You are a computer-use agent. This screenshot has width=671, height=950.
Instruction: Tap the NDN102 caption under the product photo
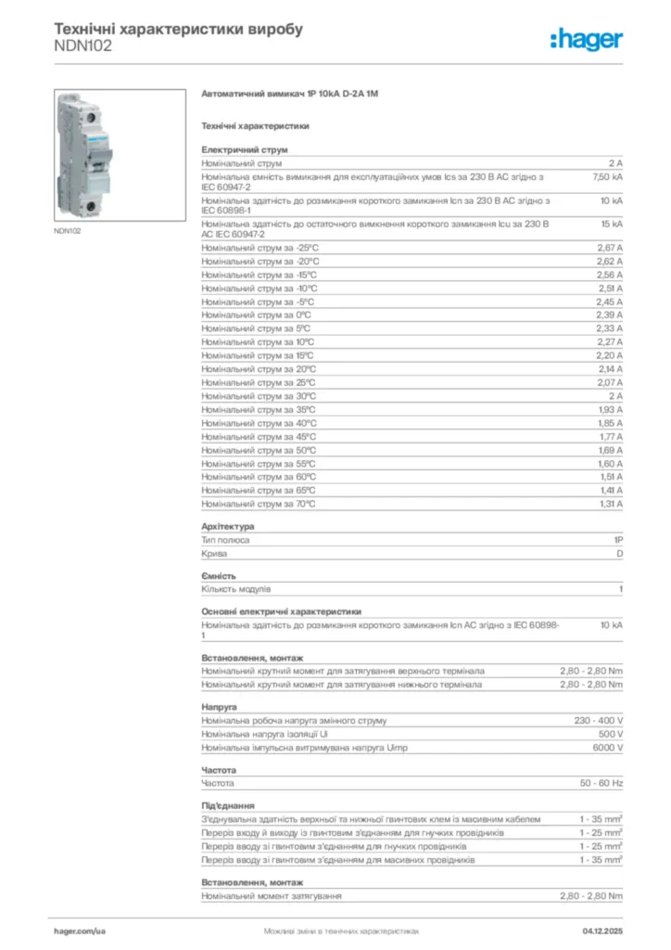pyautogui.click(x=67, y=231)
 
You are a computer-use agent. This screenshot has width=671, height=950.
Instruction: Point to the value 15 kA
pyautogui.click(x=612, y=225)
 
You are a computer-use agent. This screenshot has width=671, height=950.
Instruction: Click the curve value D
pyautogui.click(x=619, y=553)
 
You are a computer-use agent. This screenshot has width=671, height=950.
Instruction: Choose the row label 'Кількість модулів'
pyautogui.click(x=236, y=589)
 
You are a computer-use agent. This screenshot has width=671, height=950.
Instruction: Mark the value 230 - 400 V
pyautogui.click(x=599, y=720)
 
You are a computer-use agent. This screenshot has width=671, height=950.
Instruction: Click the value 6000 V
pyautogui.click(x=607, y=747)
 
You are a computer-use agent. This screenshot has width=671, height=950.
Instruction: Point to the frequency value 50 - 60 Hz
pyautogui.click(x=601, y=783)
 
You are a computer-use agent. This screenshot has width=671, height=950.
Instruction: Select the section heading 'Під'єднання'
pyautogui.click(x=228, y=806)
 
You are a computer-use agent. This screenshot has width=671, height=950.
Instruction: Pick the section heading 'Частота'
pyautogui.click(x=219, y=770)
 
